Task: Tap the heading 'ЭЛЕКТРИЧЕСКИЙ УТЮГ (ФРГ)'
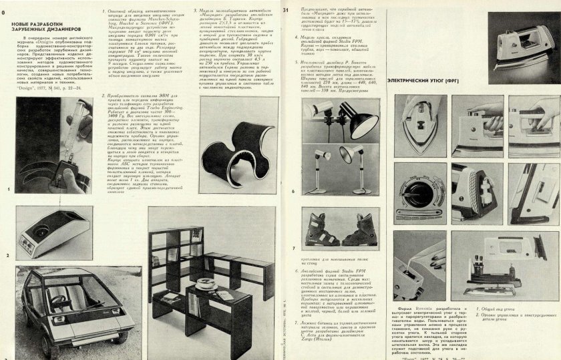(x=424, y=81)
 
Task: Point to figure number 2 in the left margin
(x=7, y=256)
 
